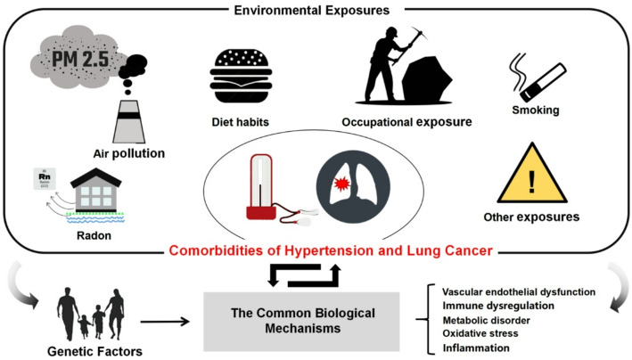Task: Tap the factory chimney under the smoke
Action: pos(130,120)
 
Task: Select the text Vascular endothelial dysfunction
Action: pos(525,290)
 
